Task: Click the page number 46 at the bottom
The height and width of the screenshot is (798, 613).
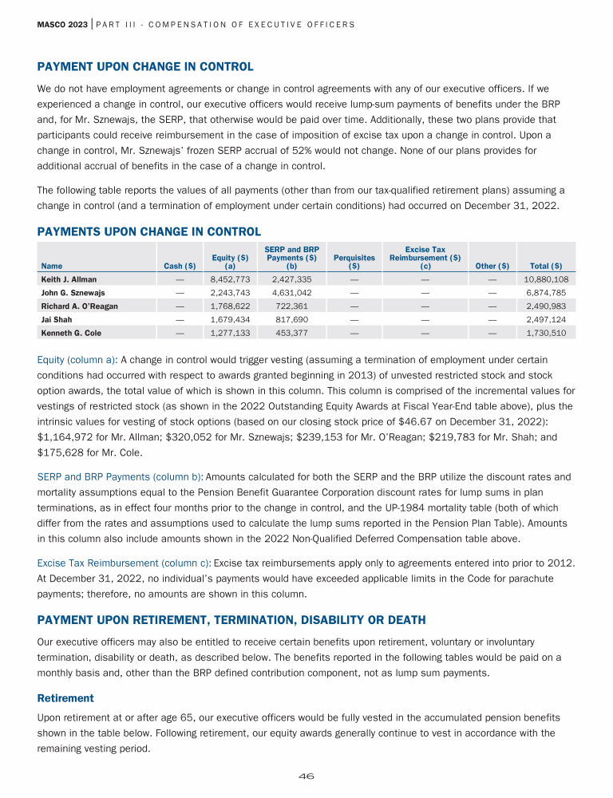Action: pos(306,776)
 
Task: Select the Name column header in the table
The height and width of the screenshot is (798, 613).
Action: pos(51,266)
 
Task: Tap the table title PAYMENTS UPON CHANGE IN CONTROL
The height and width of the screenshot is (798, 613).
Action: pos(148,231)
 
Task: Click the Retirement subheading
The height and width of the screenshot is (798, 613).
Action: pos(65,697)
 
